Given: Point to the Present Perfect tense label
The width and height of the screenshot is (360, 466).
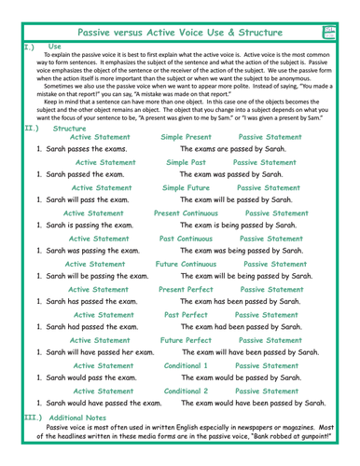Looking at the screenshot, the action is pos(192,290).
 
